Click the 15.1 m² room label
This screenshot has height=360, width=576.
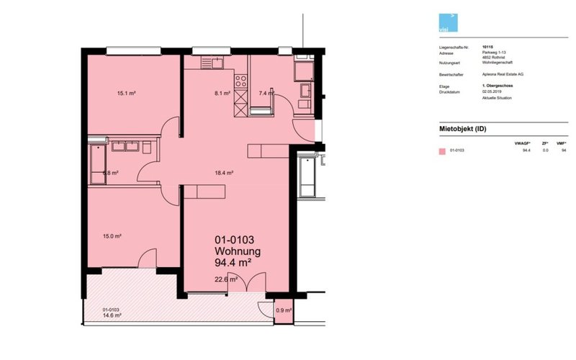127,93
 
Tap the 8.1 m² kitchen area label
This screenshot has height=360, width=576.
222,93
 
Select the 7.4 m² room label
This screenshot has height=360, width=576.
266,93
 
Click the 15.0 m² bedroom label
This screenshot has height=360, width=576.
112,235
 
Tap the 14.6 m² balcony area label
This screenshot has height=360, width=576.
111,315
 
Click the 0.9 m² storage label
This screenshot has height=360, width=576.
284,310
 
